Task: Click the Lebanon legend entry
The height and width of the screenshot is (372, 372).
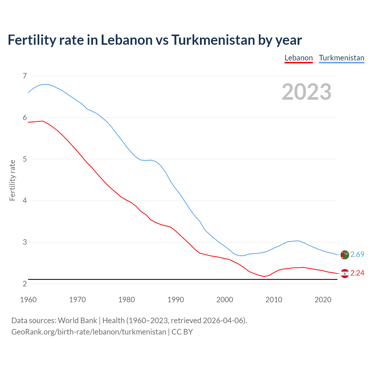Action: (x=298, y=58)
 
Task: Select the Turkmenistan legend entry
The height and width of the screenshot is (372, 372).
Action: (x=341, y=58)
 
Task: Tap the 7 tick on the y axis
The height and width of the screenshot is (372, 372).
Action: (x=25, y=76)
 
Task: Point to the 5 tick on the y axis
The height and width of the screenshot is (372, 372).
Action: (x=25, y=159)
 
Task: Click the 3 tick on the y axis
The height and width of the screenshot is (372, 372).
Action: (x=25, y=242)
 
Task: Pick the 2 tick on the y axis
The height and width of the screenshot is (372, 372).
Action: (x=25, y=284)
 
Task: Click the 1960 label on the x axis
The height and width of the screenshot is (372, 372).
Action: (x=28, y=300)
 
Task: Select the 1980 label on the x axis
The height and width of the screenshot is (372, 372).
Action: (x=126, y=300)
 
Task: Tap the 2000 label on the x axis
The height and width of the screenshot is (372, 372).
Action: (x=225, y=300)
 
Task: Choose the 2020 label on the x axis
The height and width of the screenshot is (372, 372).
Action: (x=323, y=300)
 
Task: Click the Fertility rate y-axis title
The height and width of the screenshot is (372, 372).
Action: (x=12, y=180)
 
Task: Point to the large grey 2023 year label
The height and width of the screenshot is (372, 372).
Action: (x=307, y=92)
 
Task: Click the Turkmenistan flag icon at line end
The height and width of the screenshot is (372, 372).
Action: (x=344, y=255)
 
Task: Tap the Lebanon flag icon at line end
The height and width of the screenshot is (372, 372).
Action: (x=344, y=273)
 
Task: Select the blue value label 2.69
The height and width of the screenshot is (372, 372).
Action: (x=357, y=255)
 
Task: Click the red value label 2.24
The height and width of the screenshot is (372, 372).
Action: (x=357, y=273)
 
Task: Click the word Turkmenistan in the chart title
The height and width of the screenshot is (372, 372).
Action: (x=213, y=40)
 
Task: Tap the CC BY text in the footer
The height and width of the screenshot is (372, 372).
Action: (x=182, y=332)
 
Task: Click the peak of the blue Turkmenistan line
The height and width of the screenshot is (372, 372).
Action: (x=45, y=84)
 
